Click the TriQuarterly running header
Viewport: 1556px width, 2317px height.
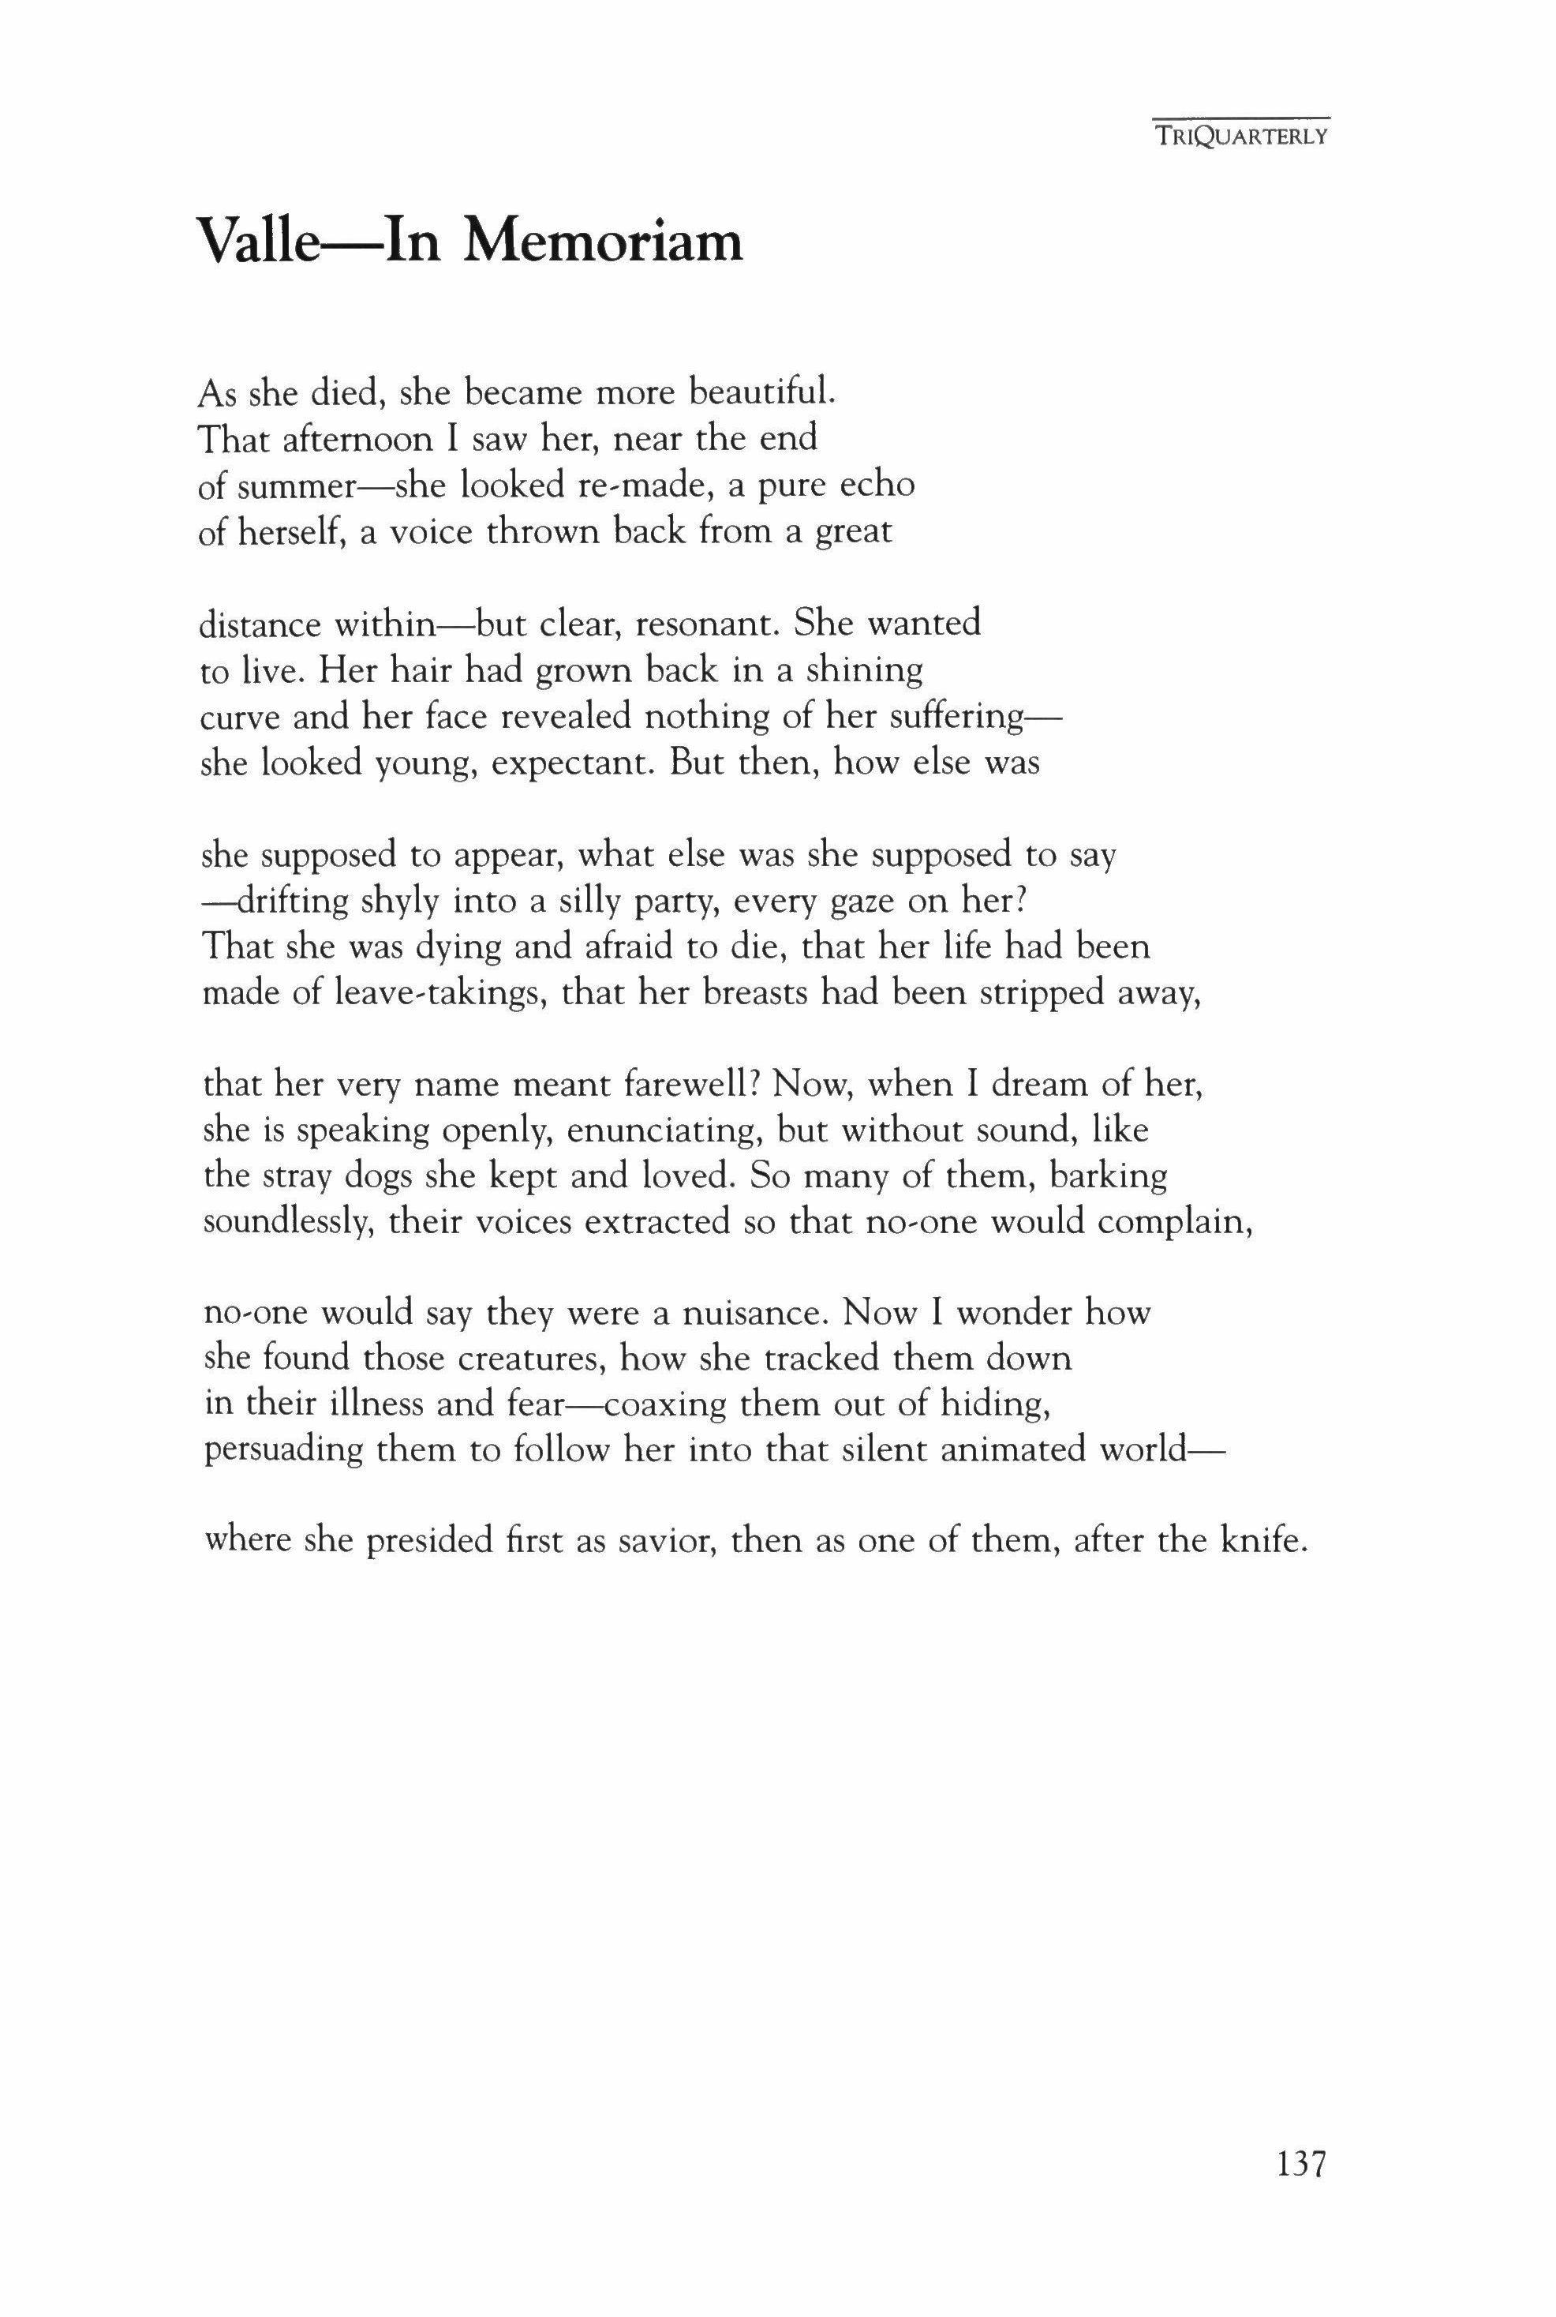click(x=1240, y=137)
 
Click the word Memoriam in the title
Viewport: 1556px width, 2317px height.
click(x=604, y=242)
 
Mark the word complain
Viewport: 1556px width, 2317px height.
click(x=1178, y=1223)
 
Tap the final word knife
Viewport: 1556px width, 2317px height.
click(x=1259, y=1541)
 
